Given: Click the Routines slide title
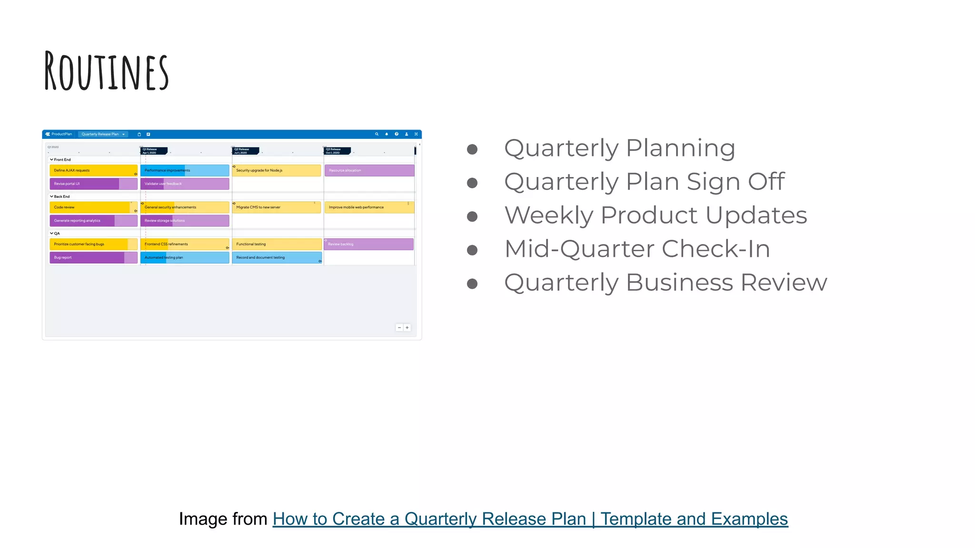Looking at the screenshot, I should click(x=107, y=72).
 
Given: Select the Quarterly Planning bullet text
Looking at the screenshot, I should click(x=619, y=148).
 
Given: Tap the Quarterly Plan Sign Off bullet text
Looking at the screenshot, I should click(x=644, y=182).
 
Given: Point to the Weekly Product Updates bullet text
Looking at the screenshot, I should click(x=656, y=215).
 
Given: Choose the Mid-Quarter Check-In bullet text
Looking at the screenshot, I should click(x=637, y=249).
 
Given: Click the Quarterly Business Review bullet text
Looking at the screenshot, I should click(x=666, y=283).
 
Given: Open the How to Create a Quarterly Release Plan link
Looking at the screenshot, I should click(x=530, y=519).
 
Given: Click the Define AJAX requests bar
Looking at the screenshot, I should click(x=93, y=170).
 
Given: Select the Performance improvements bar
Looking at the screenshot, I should click(x=185, y=170).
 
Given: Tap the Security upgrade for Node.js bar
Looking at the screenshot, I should click(x=277, y=170).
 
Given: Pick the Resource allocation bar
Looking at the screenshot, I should click(x=369, y=170).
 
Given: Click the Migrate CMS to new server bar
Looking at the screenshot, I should click(x=277, y=207).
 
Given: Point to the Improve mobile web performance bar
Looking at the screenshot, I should click(x=369, y=207).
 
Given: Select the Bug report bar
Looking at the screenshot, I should click(x=93, y=257).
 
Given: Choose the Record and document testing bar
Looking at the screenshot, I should click(x=277, y=257).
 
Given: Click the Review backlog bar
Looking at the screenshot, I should click(x=368, y=244).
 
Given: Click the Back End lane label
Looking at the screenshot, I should click(x=61, y=196).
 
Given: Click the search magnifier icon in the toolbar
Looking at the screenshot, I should click(x=377, y=134).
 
